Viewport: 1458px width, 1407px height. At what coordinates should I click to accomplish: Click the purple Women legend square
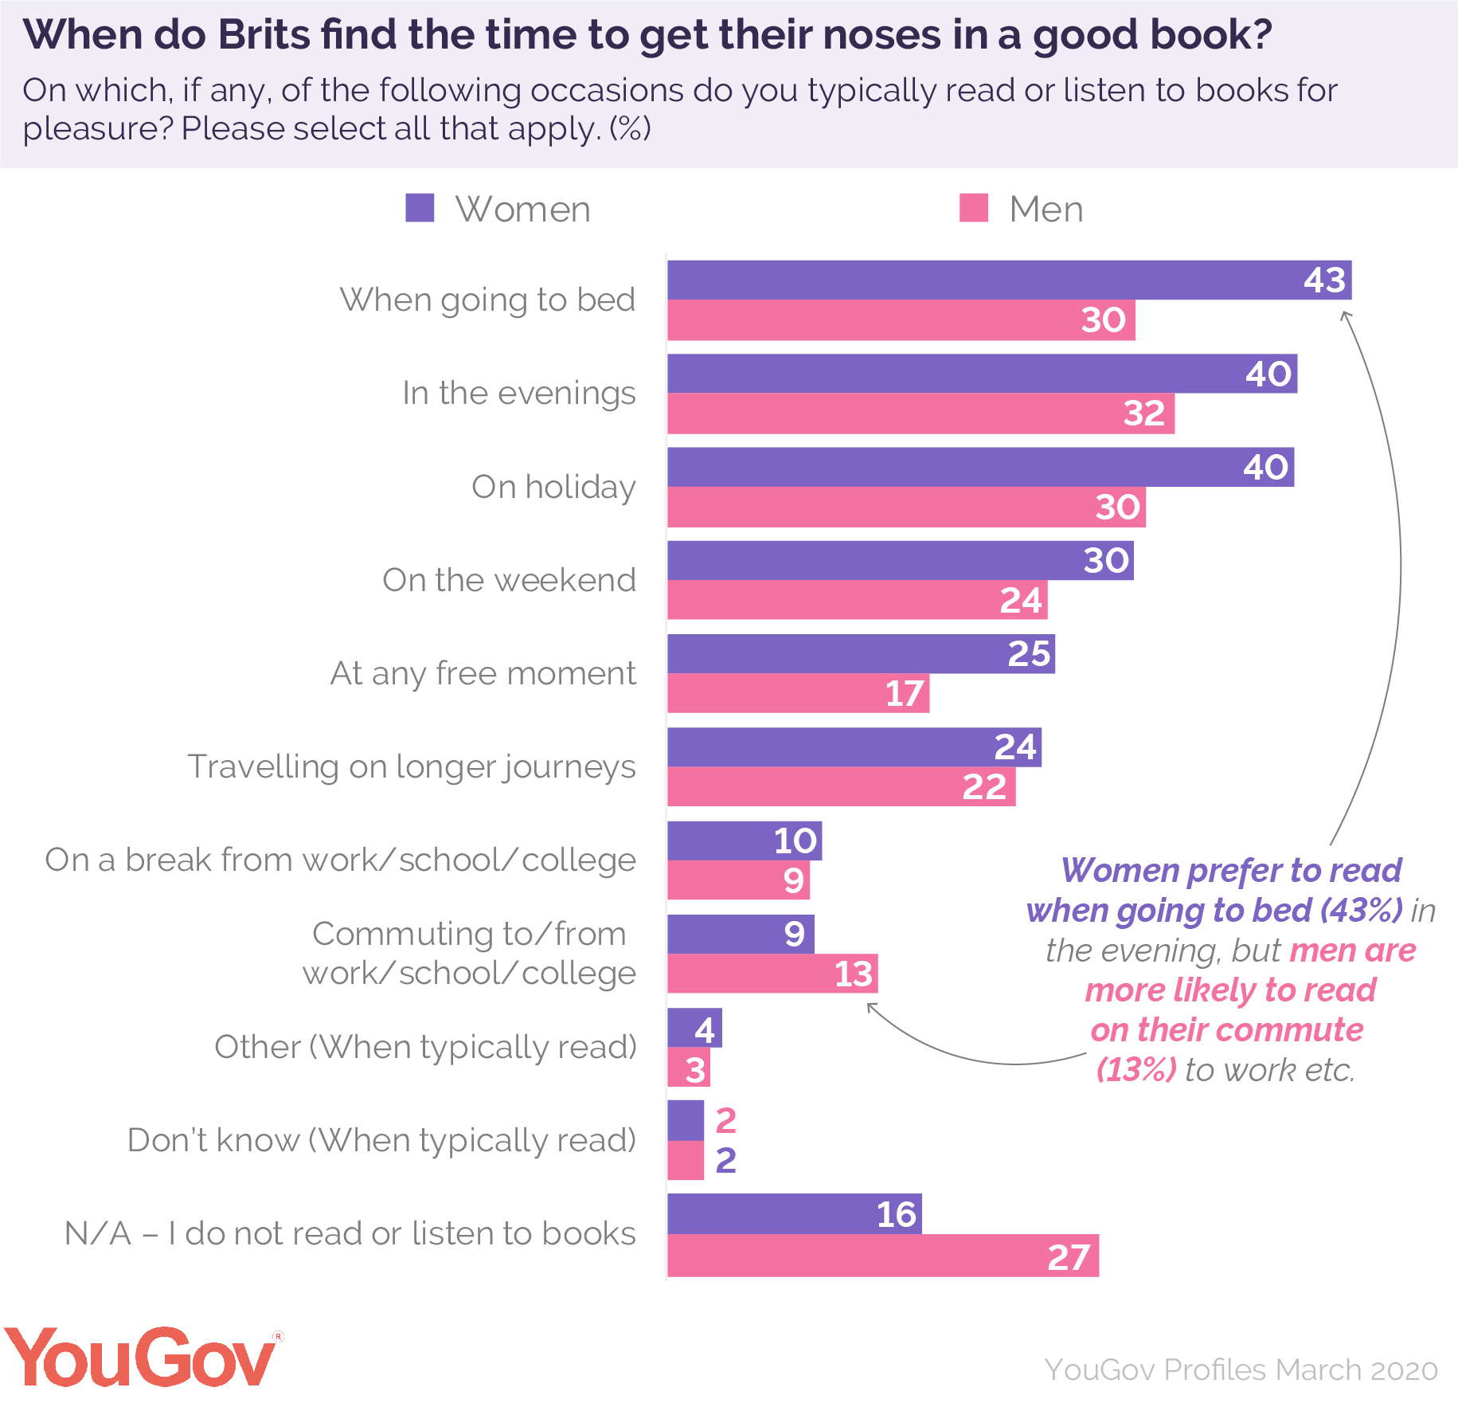pos(420,208)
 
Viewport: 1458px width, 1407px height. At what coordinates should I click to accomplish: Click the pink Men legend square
pos(973,208)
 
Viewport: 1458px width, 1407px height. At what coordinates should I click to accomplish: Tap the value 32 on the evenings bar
pos(1143,413)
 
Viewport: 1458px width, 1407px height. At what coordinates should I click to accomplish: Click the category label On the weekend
pos(509,580)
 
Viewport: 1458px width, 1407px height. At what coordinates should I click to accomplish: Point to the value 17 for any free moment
pos(904,694)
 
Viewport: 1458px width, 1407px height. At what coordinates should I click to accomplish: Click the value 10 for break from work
pos(795,841)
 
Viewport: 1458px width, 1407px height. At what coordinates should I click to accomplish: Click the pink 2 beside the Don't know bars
pos(725,1121)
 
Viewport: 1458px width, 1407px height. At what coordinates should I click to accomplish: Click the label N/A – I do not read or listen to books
pos(350,1233)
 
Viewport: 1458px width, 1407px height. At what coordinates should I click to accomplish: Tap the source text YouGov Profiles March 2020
pos(1241,1370)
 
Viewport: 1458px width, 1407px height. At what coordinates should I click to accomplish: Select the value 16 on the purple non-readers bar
pos(896,1214)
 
